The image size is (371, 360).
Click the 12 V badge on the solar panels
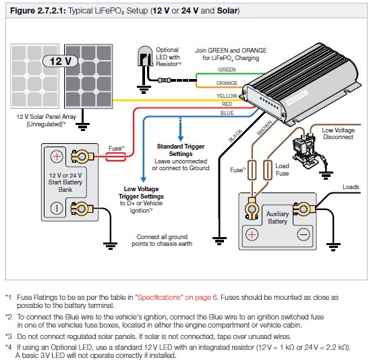pos(60,61)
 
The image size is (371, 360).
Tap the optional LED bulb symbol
pos(145,56)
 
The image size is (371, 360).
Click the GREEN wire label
pos(227,70)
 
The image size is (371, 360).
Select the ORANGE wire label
pos(227,83)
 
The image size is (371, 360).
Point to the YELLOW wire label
pos(227,96)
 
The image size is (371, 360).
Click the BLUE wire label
pos(227,113)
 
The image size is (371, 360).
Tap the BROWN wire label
pos(264,128)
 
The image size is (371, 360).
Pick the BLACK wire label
pos(235,136)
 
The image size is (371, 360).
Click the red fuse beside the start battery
pos(115,157)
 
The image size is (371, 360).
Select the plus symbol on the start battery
pos(57,157)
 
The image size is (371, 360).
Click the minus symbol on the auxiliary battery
pos(304,234)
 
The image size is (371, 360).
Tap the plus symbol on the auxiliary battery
pos(252,234)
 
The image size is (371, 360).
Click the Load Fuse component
pos(268,170)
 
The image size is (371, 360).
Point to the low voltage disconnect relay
pos(305,149)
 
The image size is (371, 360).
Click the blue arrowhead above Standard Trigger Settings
pos(181,138)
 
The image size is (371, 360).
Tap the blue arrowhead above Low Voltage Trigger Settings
pos(143,180)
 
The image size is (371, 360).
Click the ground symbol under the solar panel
pos(82,127)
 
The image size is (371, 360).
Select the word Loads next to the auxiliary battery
pos(351,187)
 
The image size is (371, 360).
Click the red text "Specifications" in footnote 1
pos(158,297)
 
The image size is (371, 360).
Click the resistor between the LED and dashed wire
pos(164,80)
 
